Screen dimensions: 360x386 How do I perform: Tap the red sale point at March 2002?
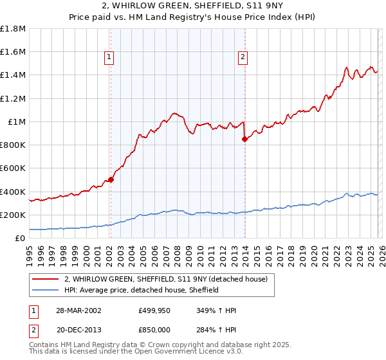pos(111,180)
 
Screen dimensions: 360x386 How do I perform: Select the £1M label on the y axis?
pos(16,122)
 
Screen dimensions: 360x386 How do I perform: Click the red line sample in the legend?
pos(46,278)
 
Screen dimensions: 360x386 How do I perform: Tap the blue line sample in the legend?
pos(46,290)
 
